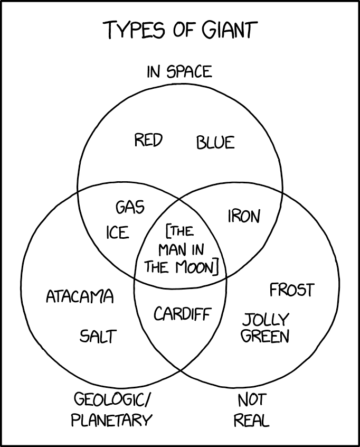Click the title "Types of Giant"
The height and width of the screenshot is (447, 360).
[x=179, y=30]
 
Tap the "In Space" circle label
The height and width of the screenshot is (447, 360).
[x=179, y=72]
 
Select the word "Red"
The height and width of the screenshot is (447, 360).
[x=148, y=141]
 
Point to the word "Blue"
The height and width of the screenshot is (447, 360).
[x=215, y=143]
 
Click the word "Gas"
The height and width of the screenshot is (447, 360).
[x=130, y=208]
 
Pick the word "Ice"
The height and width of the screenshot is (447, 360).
[x=117, y=232]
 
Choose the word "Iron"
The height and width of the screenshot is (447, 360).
[x=244, y=216]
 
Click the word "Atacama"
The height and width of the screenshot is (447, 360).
[x=80, y=296]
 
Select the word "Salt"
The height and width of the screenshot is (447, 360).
[x=98, y=336]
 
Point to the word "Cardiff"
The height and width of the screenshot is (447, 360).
[x=182, y=314]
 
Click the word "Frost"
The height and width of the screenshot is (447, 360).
[x=291, y=290]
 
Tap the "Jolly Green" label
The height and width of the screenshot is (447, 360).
[x=265, y=328]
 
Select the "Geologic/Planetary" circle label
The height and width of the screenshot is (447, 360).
[x=111, y=409]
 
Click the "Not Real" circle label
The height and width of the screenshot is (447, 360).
[x=252, y=410]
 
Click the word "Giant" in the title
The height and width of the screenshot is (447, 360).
[x=228, y=30]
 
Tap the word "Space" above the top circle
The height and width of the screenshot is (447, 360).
[x=189, y=72]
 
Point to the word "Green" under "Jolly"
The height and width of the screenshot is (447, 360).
[x=265, y=337]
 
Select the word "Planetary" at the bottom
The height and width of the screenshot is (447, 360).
[x=111, y=421]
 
